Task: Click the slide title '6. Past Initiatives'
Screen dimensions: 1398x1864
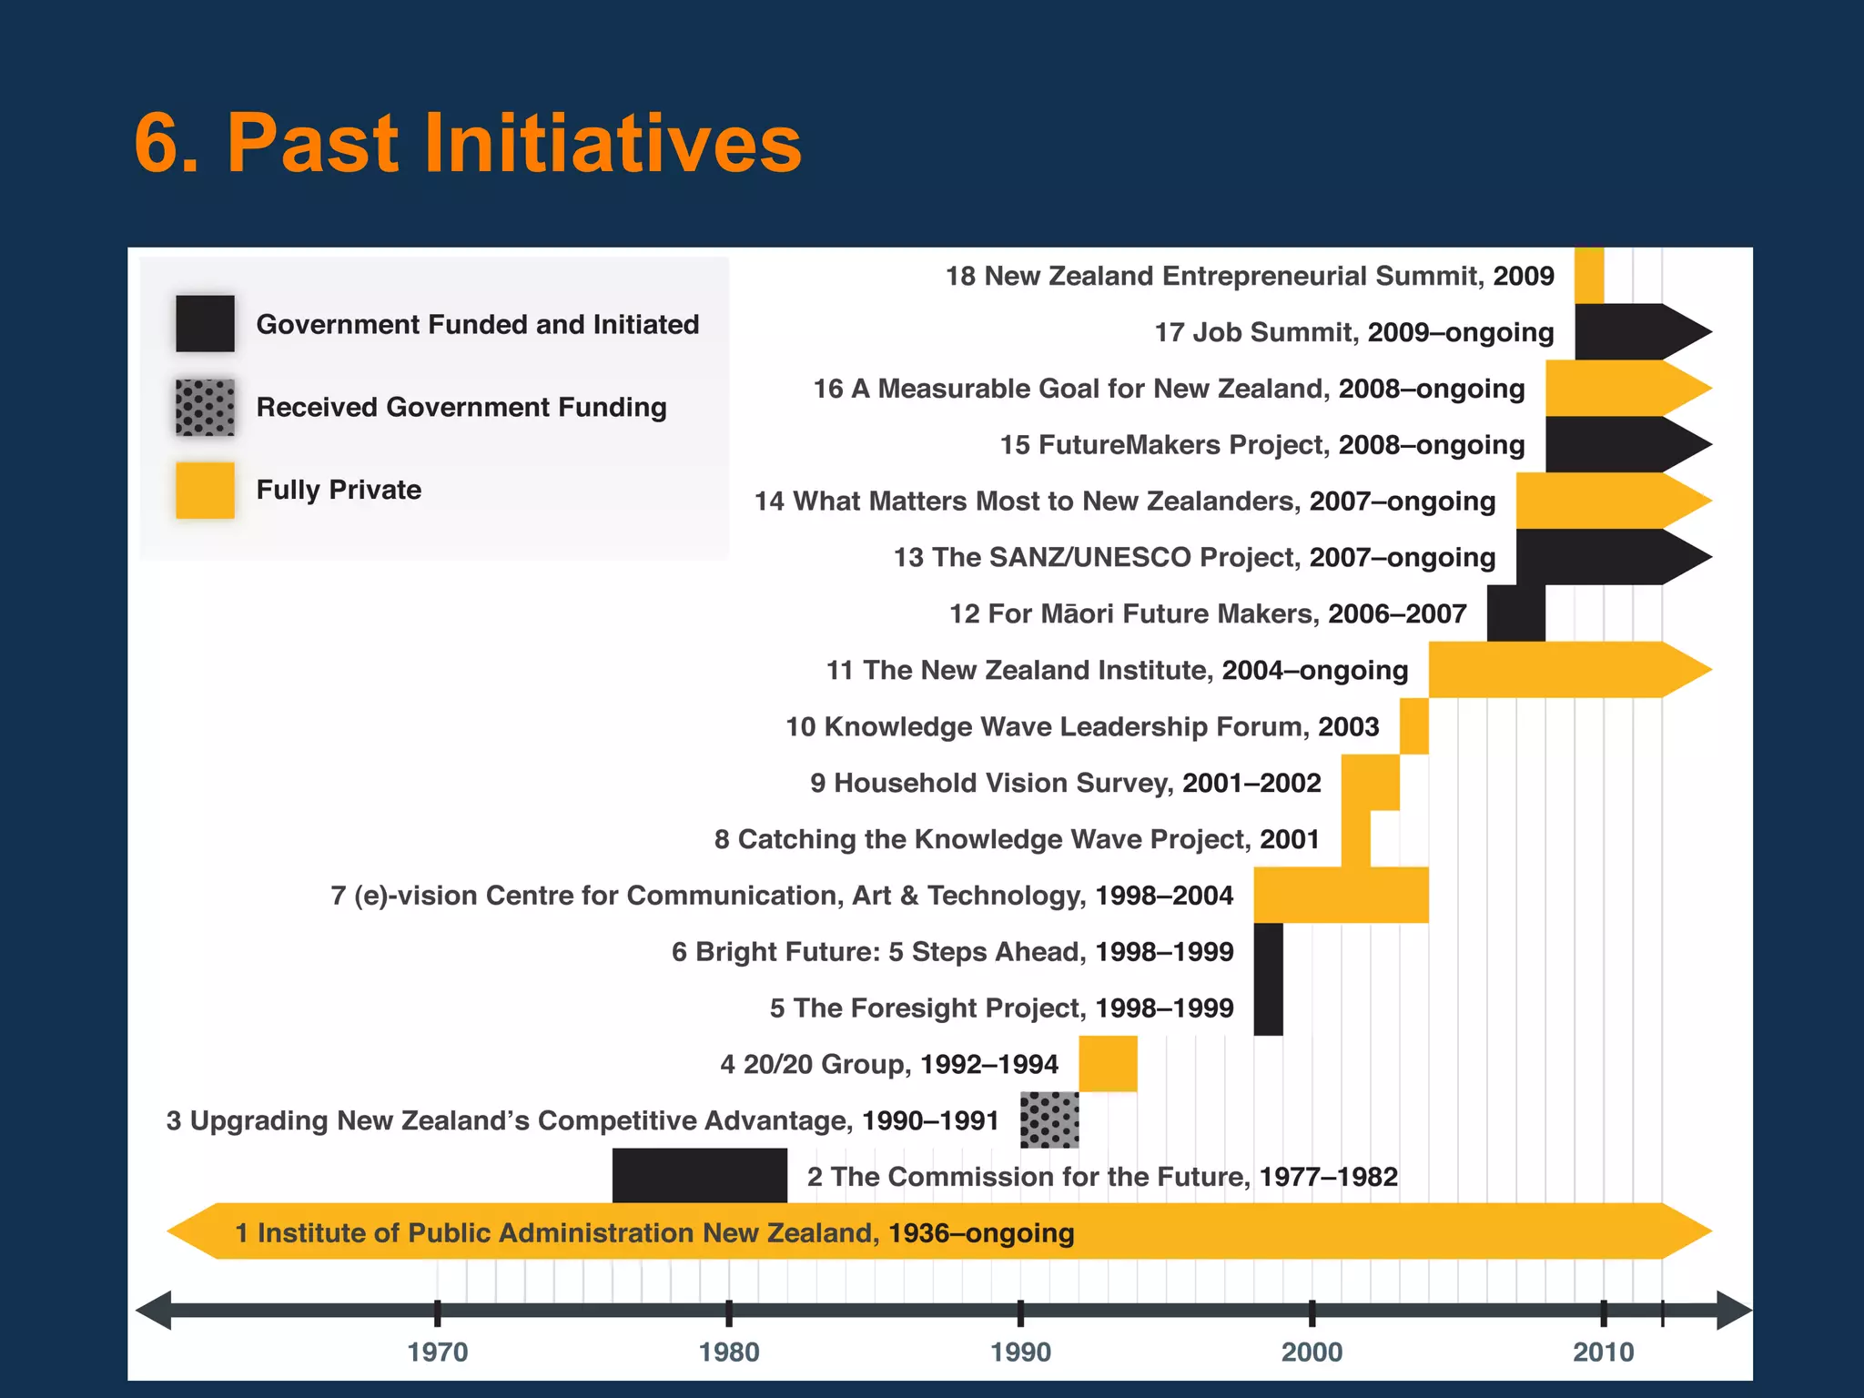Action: pos(468,143)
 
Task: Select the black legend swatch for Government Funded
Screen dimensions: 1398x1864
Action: pos(205,323)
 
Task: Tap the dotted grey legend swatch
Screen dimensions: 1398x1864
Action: pos(205,407)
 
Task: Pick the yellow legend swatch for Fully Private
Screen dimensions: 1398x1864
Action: pos(205,490)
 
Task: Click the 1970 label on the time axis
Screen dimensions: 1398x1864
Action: pos(438,1352)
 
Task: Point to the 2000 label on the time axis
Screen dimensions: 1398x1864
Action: pos(1312,1352)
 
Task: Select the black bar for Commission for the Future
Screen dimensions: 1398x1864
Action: pos(699,1175)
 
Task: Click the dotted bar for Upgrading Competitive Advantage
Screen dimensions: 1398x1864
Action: pos(1049,1119)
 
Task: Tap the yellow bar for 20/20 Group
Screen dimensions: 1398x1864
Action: pos(1108,1063)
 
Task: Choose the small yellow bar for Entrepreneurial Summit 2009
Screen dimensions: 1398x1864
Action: pos(1589,276)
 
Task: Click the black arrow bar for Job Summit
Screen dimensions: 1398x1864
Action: pos(1629,332)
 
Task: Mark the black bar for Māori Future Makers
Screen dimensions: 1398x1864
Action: pos(1515,613)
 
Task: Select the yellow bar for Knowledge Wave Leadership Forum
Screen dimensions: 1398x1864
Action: pos(1413,726)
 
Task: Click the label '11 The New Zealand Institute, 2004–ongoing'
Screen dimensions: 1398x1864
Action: pos(1117,670)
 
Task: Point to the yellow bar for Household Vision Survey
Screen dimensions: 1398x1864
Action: pos(1370,783)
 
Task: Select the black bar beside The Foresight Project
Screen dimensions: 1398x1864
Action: pos(1268,1008)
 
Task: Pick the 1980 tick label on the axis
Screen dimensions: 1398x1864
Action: pos(729,1352)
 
